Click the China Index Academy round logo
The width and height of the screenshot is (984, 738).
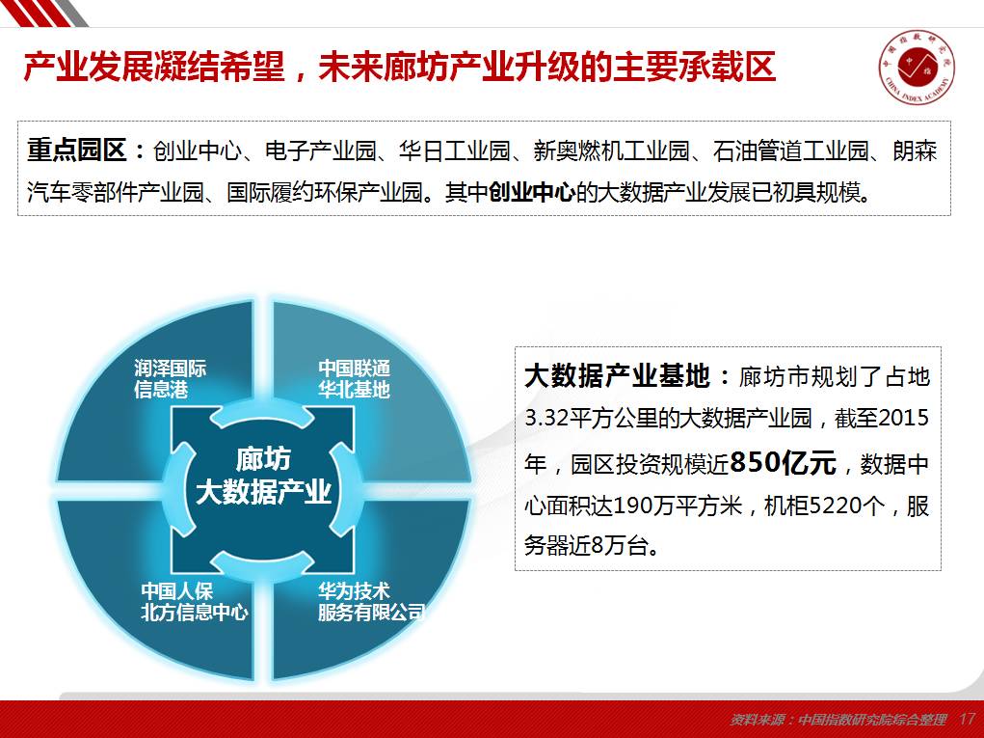[917, 67]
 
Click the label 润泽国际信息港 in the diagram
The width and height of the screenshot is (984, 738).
[170, 379]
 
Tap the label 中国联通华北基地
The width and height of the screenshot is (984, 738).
[354, 379]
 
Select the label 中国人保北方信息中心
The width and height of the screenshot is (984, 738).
[195, 601]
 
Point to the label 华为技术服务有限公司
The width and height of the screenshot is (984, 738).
[371, 601]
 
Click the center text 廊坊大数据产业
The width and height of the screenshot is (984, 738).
[263, 476]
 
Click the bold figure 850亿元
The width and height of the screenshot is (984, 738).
[784, 463]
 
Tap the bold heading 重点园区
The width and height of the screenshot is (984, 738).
[77, 150]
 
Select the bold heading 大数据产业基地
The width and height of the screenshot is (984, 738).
[618, 375]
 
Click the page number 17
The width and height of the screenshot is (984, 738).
[967, 719]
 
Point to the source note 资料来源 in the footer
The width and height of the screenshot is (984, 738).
[838, 720]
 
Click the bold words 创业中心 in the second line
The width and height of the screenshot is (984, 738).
[532, 192]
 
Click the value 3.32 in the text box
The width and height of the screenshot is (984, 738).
[545, 419]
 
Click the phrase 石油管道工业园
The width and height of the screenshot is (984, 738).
[790, 150]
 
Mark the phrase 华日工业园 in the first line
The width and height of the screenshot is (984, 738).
[454, 150]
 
